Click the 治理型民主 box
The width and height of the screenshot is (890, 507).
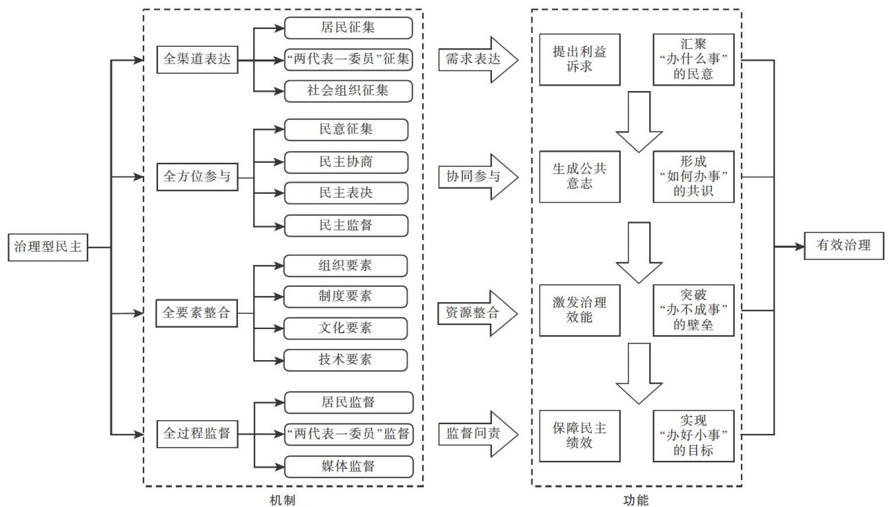(x=48, y=247)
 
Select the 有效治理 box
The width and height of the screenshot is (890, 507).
(x=843, y=245)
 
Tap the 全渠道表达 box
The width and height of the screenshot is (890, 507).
(x=197, y=59)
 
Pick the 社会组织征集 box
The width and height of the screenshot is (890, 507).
(x=348, y=91)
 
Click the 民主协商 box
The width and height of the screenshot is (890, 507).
(x=346, y=161)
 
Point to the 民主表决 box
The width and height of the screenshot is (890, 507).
(x=346, y=192)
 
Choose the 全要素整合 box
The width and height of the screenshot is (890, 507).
(x=197, y=312)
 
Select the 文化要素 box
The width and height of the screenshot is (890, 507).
(x=346, y=328)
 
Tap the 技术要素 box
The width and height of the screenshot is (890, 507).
(x=346, y=359)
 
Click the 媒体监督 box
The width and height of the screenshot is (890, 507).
(x=348, y=466)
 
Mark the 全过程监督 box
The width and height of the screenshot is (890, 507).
(x=197, y=435)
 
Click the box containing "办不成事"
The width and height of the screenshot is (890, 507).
(x=693, y=310)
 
